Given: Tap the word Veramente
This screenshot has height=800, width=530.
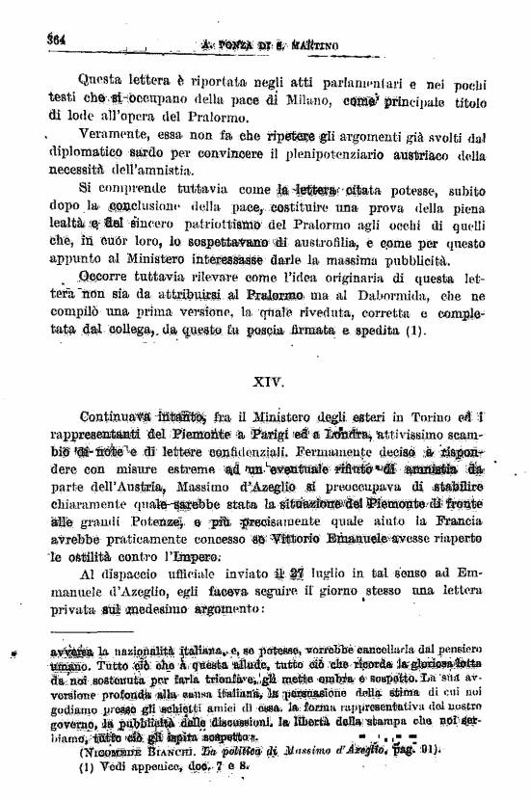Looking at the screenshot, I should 93,137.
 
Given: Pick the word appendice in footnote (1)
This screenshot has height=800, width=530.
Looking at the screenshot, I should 138,766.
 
